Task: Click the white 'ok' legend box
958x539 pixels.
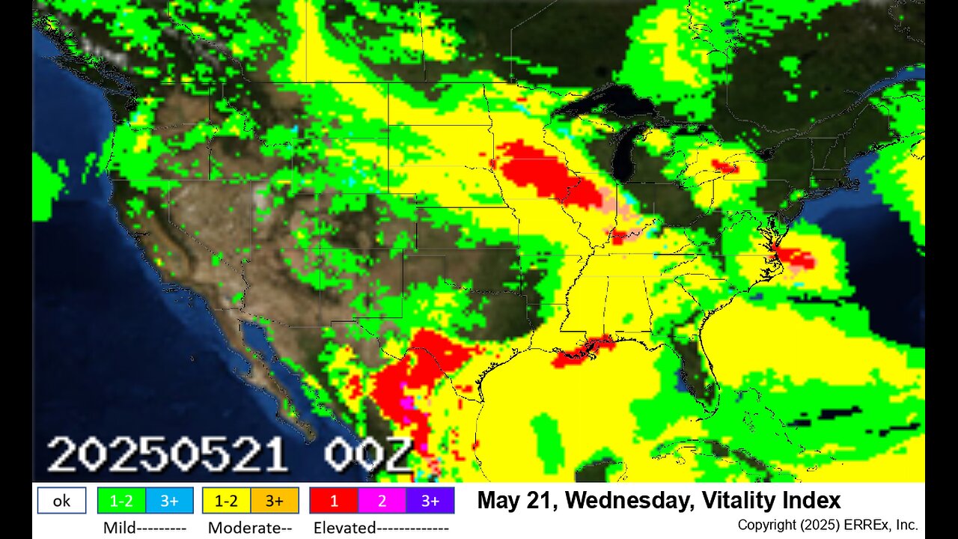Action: coord(61,501)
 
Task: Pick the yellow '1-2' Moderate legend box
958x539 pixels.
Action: coord(226,501)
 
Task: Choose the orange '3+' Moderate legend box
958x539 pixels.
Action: coord(274,501)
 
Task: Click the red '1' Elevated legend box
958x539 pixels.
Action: coord(334,501)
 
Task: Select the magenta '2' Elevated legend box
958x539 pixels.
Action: coord(382,501)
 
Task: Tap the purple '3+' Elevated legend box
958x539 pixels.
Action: coord(430,501)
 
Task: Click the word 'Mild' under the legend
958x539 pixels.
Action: coord(120,527)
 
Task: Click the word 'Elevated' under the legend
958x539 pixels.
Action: coord(344,527)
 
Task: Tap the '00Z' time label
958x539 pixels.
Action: coord(367,455)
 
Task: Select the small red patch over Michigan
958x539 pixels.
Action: coord(724,166)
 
